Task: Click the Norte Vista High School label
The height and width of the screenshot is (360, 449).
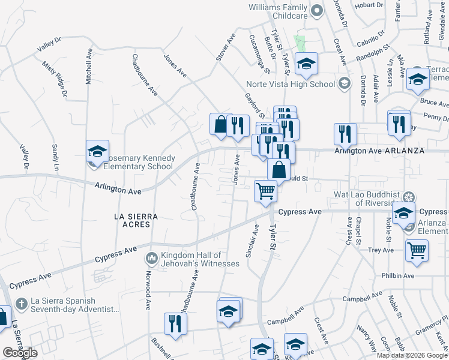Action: pyautogui.click(x=291, y=84)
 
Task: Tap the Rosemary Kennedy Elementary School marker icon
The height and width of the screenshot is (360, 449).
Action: pyautogui.click(x=97, y=152)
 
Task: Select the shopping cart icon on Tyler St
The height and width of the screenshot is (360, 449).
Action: pyautogui.click(x=265, y=191)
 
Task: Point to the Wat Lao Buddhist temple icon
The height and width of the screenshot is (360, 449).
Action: pyautogui.click(x=409, y=197)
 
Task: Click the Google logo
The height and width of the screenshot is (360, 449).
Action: pyautogui.click(x=20, y=353)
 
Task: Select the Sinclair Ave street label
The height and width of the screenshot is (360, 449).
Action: pyautogui.click(x=252, y=241)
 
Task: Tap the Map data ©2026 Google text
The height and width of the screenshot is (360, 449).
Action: pyautogui.click(x=411, y=355)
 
